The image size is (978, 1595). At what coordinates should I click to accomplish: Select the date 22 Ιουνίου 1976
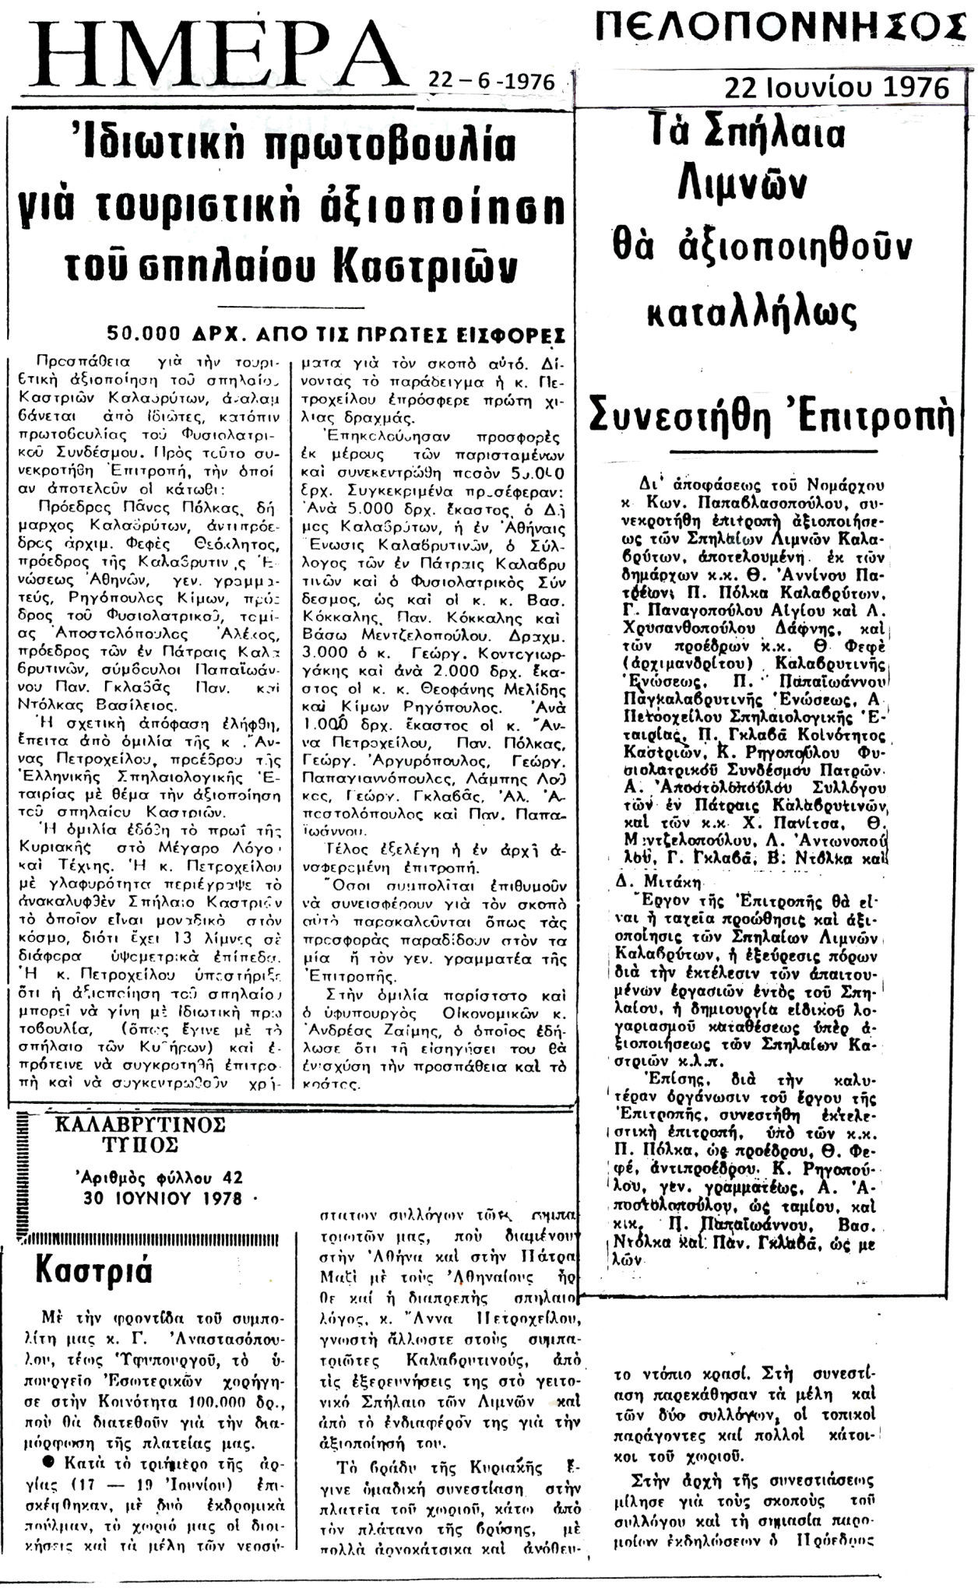[x=836, y=87]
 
